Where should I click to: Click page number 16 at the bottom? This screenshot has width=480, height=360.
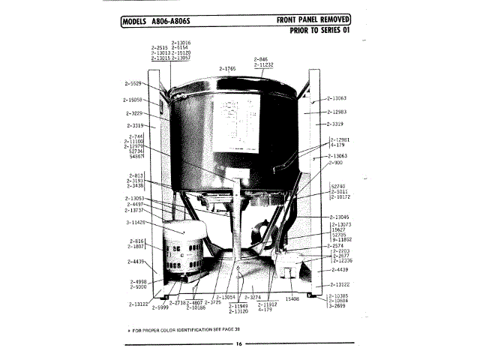point(238,344)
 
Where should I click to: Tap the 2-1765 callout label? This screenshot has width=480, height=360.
point(227,68)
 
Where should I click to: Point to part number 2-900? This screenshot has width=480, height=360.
point(335,162)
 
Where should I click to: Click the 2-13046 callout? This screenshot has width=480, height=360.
point(339,216)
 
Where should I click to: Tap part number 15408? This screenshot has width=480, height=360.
point(291,298)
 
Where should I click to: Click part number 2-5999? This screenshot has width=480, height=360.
point(160,307)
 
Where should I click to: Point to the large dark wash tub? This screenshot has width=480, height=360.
point(232,135)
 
